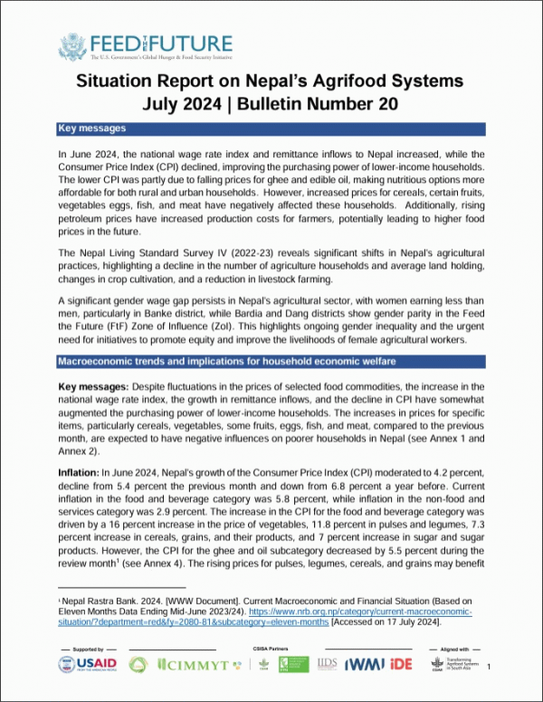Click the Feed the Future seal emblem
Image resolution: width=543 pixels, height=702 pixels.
[72, 45]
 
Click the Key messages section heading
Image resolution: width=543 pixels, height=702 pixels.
[91, 129]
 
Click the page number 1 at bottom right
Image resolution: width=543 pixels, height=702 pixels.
[490, 667]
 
